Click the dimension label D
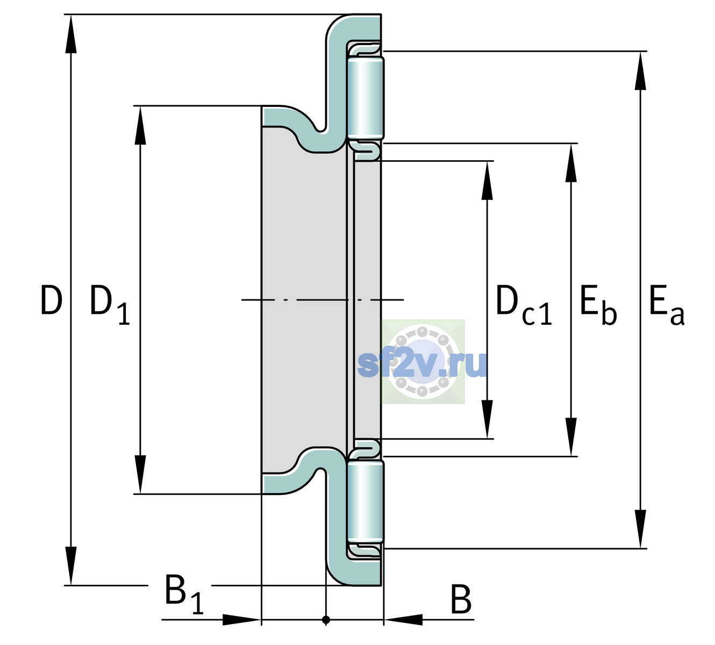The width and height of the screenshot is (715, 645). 52,300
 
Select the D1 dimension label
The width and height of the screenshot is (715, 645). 110,305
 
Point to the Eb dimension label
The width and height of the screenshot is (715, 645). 598,305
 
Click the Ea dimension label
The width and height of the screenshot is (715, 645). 667,305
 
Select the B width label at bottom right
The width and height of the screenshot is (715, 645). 461,599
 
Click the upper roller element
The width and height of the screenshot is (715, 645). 366,98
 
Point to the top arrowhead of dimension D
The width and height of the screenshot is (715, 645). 71,34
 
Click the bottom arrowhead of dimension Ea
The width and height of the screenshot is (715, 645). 640,529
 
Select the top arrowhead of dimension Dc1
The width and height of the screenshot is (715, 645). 487,180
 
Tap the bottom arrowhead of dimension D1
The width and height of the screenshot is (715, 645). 140,475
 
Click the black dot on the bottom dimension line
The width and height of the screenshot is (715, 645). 326,620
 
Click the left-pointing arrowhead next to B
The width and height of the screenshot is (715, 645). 403,620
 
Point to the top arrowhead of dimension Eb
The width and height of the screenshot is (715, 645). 571,163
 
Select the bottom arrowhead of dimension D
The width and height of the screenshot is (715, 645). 71,565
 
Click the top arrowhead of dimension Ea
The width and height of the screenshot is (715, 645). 640,71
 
